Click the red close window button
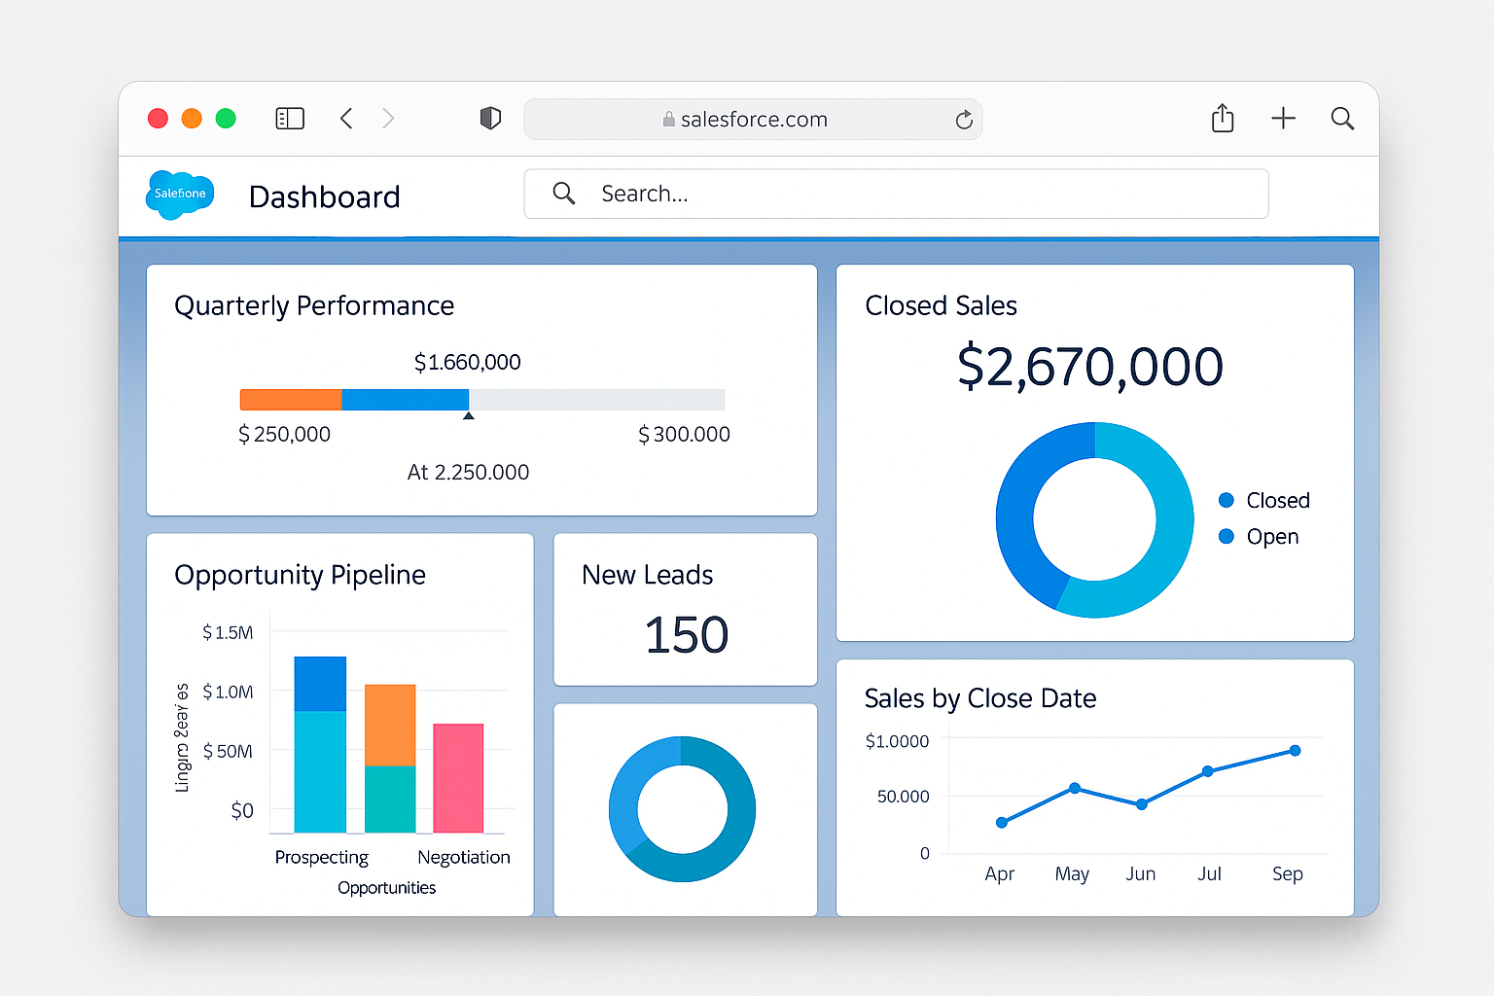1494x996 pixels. point(158,119)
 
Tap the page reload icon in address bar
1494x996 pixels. point(963,120)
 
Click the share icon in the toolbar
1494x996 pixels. point(1223,119)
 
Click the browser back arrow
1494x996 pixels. point(346,119)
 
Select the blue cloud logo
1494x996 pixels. point(180,195)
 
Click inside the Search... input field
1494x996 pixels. point(895,194)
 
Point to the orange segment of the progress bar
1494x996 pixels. point(291,400)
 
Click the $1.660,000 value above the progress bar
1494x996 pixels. point(468,363)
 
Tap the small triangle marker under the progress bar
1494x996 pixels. point(469,416)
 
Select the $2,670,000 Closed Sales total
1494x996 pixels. point(1090,367)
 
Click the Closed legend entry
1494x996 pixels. point(1264,500)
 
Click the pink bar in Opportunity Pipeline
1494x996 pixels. point(458,778)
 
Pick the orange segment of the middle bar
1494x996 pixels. point(390,725)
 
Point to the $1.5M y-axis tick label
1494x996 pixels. point(228,633)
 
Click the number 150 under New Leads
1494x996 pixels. point(686,635)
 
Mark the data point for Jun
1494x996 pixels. point(1142,804)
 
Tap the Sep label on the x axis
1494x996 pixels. point(1287,873)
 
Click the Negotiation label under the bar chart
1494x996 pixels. point(463,857)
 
